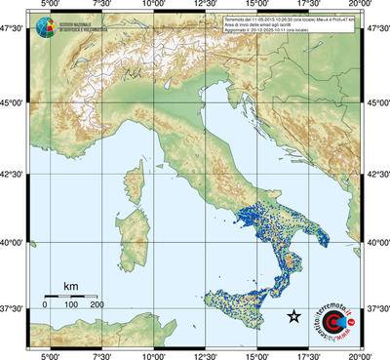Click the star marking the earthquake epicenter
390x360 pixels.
pyautogui.click(x=293, y=315)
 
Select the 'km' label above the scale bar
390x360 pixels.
pyautogui.click(x=70, y=286)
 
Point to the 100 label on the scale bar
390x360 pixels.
pyautogui.click(x=71, y=306)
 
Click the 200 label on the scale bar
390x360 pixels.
pyautogui.click(x=97, y=306)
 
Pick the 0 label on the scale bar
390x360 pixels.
pyautogui.click(x=45, y=306)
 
